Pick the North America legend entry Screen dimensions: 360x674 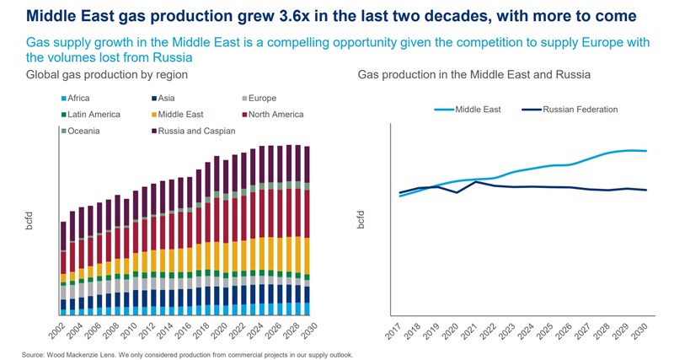pos(271,115)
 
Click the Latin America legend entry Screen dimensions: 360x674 pos(94,115)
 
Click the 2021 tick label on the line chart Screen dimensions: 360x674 pos(474,331)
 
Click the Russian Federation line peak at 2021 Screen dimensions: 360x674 pos(476,181)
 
